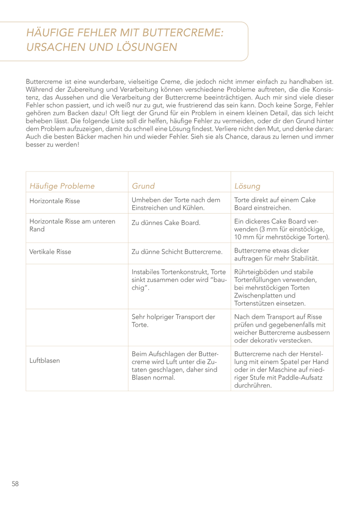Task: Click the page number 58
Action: pos(15,484)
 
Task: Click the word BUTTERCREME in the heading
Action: pos(183,33)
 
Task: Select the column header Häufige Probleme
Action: pos(62,186)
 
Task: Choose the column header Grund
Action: pos(143,186)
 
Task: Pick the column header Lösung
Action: pos(247,186)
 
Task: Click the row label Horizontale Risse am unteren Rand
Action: pos(72,225)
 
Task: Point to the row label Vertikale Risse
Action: pos(50,252)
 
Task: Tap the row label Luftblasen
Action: pos(45,360)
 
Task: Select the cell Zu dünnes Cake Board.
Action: pos(166,223)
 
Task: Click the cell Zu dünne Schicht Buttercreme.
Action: pos(177,252)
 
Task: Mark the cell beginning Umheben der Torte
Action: pos(175,204)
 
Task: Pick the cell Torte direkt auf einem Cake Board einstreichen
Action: pos(275,204)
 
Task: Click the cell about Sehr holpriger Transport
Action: pos(173,320)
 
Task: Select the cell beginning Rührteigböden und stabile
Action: pos(275,287)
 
